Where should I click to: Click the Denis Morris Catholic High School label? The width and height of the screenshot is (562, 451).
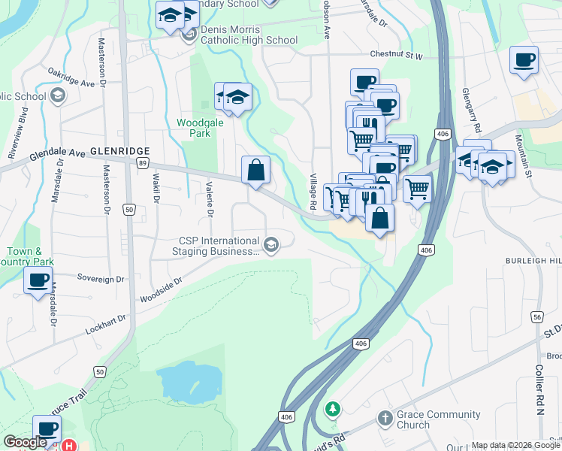coord(249,35)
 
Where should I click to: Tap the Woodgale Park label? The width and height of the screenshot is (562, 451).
coord(194,128)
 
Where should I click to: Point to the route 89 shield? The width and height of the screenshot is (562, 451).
coord(143,162)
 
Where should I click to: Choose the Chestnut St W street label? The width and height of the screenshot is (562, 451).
coord(397,55)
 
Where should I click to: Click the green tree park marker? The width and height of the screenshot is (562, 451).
coord(332,410)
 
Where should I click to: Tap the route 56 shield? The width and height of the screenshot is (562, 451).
coord(538,319)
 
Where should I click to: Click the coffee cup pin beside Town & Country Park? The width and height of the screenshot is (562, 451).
coord(38,281)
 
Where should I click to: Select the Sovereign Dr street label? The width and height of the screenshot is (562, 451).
coord(101,279)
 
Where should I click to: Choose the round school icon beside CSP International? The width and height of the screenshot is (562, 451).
coord(271,243)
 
